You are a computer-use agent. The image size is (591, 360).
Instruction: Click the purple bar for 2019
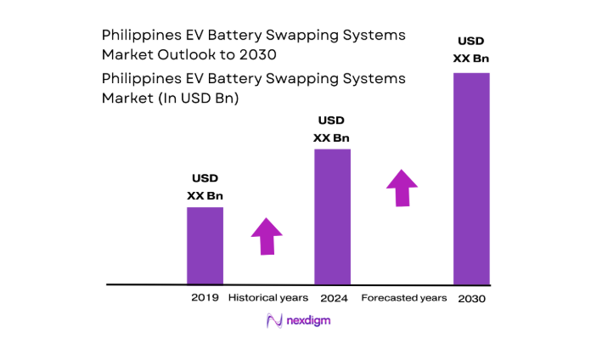pos(205,245)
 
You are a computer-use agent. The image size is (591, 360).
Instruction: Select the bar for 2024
pos(332,217)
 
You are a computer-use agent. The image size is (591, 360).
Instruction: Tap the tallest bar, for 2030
pos(471,178)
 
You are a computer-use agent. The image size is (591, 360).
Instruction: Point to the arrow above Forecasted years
pos(402,188)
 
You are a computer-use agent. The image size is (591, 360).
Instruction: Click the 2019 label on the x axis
pos(205,298)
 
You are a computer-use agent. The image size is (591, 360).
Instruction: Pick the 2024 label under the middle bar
pos(333,299)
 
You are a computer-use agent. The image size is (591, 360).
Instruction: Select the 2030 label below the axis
pos(471,299)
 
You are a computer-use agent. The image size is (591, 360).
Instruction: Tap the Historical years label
pos(268,298)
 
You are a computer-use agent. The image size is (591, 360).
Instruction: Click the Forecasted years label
pos(403,298)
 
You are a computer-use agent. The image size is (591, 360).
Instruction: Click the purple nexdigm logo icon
pos(274,320)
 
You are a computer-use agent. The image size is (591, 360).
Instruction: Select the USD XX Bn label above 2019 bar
pos(205,187)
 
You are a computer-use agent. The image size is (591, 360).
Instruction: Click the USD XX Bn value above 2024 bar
pos(331,129)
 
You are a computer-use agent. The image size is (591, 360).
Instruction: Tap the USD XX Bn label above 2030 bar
pos(471,49)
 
